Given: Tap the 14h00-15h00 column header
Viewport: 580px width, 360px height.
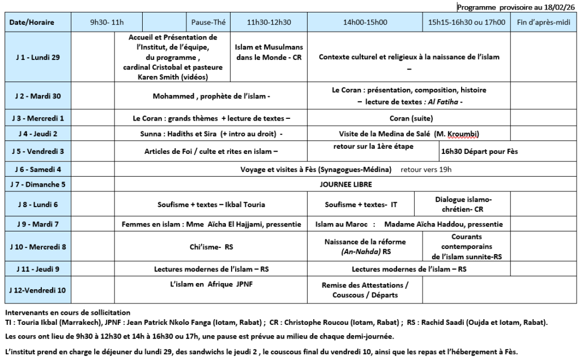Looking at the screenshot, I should pos(365,23).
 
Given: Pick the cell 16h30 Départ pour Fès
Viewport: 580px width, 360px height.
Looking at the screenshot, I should pos(479,152).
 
